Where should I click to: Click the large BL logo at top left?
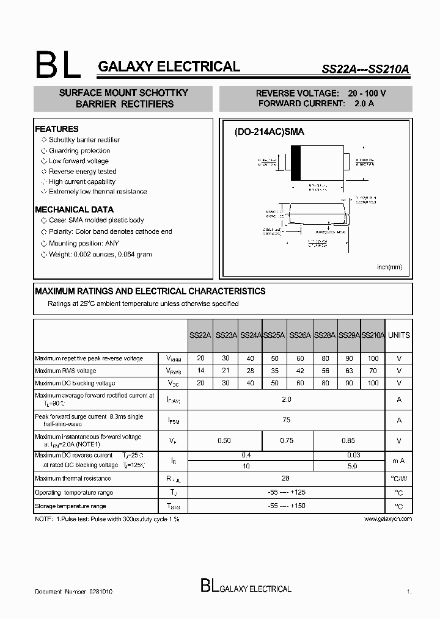click(58, 66)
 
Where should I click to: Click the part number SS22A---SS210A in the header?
click(365, 70)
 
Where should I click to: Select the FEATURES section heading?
click(57, 129)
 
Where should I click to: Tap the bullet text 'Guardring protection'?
click(79, 150)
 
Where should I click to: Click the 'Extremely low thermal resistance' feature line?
click(98, 192)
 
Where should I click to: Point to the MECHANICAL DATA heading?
click(74, 209)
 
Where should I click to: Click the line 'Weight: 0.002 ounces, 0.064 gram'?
click(100, 254)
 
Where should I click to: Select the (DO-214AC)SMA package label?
click(269, 131)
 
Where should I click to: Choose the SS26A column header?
click(300, 335)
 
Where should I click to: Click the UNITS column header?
click(399, 335)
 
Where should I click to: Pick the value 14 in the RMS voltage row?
click(200, 371)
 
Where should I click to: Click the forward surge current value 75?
click(287, 420)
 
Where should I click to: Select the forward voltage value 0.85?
click(349, 440)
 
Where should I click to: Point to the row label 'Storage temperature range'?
click(70, 506)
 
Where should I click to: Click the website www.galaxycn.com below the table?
click(388, 518)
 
